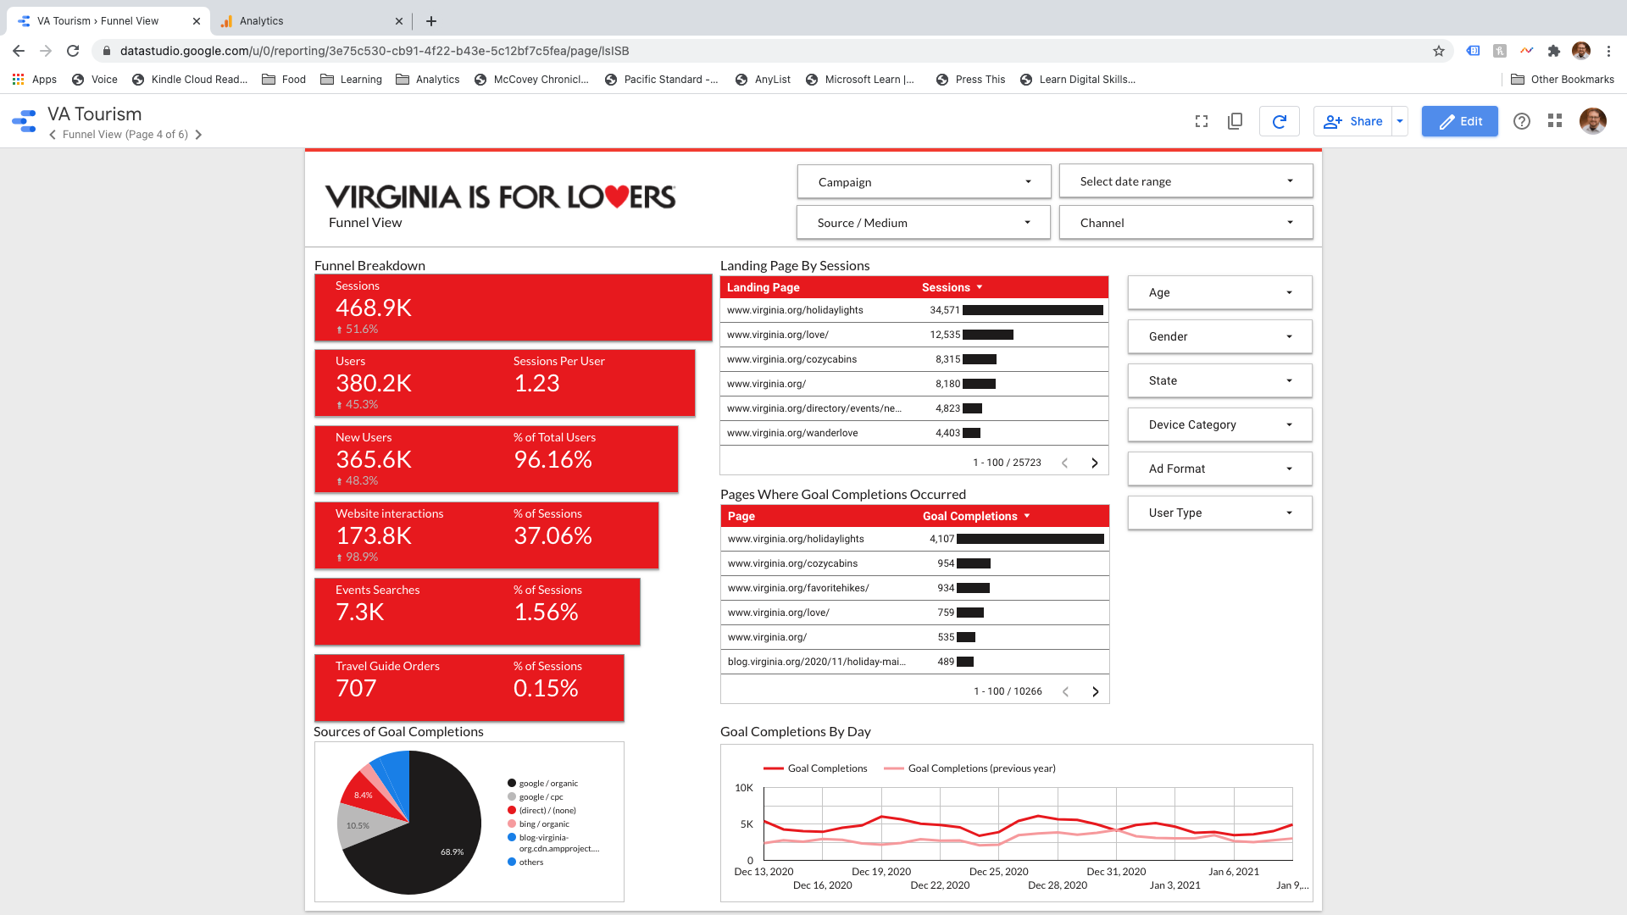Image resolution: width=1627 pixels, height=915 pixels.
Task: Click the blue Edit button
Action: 1459,121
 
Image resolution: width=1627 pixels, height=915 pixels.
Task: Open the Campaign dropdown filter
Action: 924,182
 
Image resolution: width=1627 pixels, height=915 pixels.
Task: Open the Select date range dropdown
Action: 1186,181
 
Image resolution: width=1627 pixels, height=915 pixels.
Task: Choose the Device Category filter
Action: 1219,424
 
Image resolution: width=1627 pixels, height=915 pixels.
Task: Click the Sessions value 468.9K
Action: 374,308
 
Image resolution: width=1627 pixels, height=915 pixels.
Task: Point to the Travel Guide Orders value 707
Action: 356,689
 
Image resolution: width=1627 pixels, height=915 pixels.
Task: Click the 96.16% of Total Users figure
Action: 553,460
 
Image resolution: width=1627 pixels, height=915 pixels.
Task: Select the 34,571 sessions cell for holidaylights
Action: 945,310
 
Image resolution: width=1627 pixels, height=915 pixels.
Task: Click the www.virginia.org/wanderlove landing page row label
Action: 792,433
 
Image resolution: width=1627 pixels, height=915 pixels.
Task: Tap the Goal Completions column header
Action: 970,516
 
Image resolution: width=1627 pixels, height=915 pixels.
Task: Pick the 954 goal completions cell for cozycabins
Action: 946,563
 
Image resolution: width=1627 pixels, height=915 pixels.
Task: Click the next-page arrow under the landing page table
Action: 1094,463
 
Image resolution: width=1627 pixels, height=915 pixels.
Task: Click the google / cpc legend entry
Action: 541,797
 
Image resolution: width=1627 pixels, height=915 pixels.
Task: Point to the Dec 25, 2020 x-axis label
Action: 998,872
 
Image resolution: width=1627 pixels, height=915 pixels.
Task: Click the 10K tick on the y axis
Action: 743,788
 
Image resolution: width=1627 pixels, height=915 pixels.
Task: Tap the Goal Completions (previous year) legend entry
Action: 981,768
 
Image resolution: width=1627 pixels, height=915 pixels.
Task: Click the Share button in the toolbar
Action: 1353,121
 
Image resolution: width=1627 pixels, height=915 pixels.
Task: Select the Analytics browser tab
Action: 261,21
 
